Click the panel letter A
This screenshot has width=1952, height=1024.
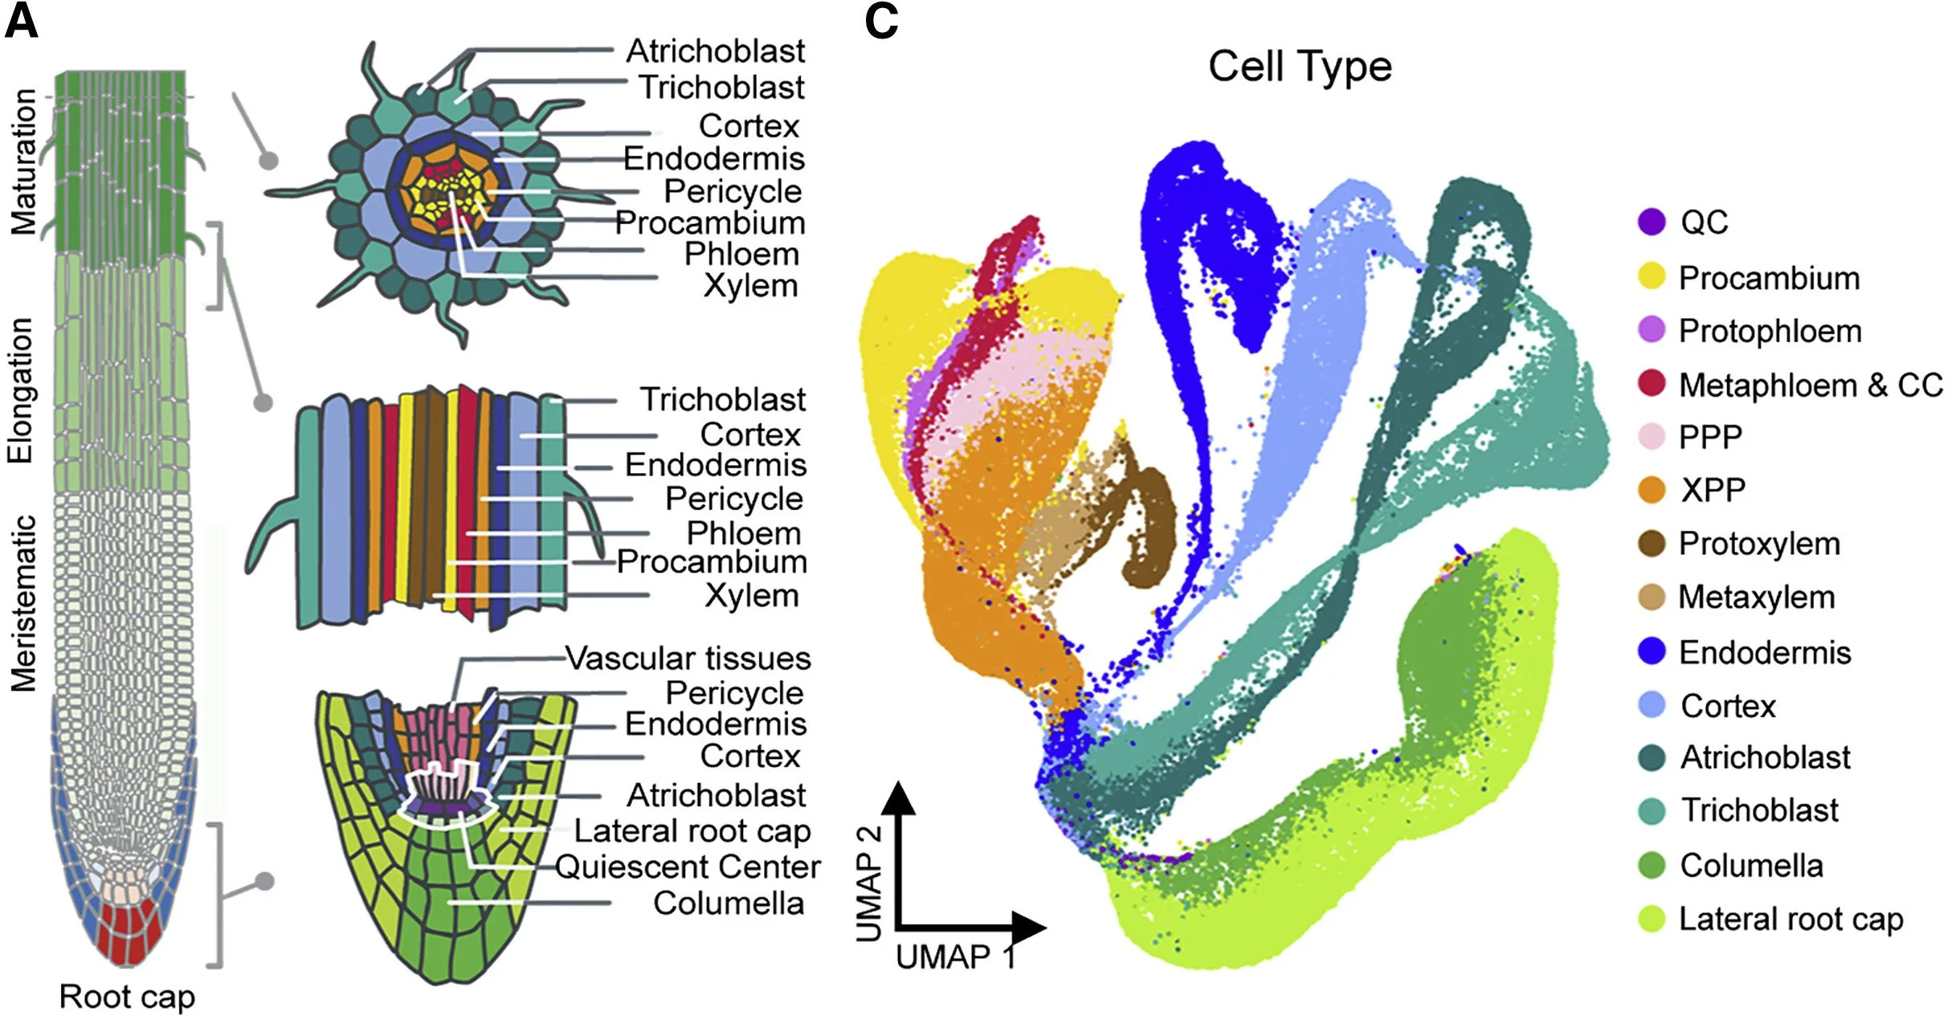[x=22, y=22]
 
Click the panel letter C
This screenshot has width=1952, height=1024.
[x=881, y=22]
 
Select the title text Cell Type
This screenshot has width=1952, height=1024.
[x=1300, y=66]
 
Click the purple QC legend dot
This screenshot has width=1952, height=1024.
[x=1652, y=222]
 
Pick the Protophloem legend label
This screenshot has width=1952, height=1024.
[x=1770, y=331]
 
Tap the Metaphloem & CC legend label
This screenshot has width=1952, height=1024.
[x=1811, y=386]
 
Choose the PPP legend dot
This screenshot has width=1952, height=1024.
[x=1652, y=436]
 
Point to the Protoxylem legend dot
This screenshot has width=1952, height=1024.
[x=1652, y=544]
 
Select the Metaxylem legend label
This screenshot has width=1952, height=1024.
[x=1757, y=598]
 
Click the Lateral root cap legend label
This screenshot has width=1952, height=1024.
[x=1791, y=919]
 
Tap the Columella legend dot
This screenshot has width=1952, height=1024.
[x=1652, y=865]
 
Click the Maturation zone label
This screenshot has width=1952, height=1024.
[x=24, y=161]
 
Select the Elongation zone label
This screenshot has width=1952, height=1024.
[x=21, y=391]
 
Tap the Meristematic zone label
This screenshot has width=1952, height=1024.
[x=24, y=603]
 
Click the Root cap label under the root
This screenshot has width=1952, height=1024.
[x=127, y=997]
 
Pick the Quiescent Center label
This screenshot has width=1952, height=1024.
[x=688, y=867]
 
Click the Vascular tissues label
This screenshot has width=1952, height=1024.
[x=688, y=659]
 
